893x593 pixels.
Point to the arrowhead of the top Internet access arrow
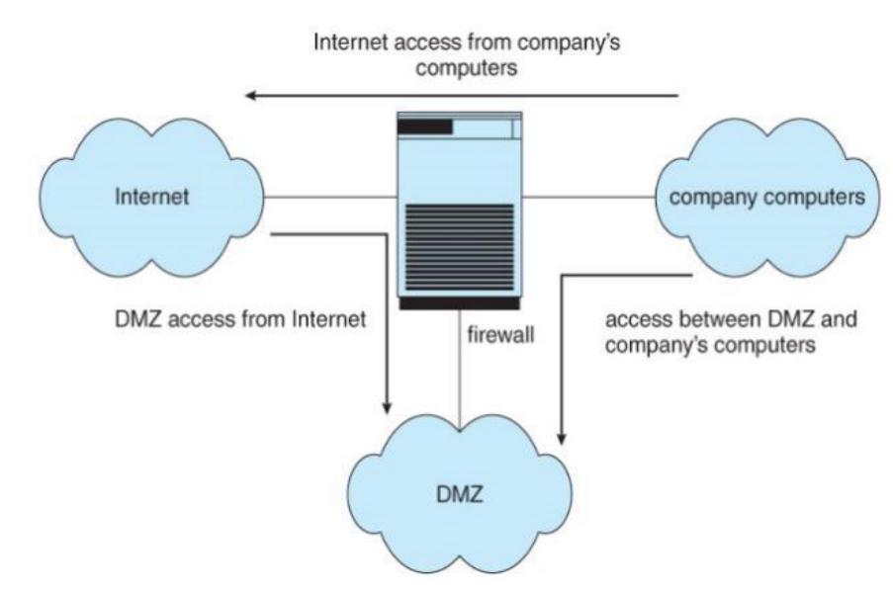[254, 96]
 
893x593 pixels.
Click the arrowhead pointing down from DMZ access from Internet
[388, 407]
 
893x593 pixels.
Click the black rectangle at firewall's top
[424, 127]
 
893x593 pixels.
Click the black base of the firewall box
[460, 302]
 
